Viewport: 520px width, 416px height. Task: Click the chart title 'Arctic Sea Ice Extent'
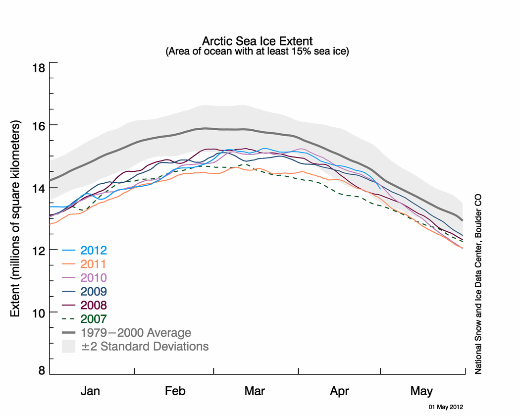tap(258, 41)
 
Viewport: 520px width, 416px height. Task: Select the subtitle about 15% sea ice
tap(258, 52)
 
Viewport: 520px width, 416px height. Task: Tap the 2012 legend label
tap(94, 250)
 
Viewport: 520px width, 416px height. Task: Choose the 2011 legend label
tap(94, 264)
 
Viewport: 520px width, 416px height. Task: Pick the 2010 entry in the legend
tap(94, 278)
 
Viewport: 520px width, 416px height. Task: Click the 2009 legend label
tap(94, 292)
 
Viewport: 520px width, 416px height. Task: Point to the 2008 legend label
tap(94, 305)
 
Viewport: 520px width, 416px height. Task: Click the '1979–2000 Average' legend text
tap(136, 333)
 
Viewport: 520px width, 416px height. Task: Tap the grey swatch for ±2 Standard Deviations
tap(69, 346)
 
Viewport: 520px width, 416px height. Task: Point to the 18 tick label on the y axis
tap(39, 68)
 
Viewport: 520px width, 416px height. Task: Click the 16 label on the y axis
tap(39, 125)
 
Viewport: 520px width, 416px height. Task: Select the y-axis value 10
tap(39, 312)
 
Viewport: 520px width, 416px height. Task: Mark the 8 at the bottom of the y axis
tap(42, 370)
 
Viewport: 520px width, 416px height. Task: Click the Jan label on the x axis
tap(90, 391)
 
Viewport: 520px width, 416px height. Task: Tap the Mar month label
tap(255, 391)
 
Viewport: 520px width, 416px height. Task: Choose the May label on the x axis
tap(421, 391)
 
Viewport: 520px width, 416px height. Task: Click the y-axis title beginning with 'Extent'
tap(15, 218)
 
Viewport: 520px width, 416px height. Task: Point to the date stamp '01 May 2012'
tap(446, 407)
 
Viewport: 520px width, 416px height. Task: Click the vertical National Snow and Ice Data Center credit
tap(478, 284)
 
